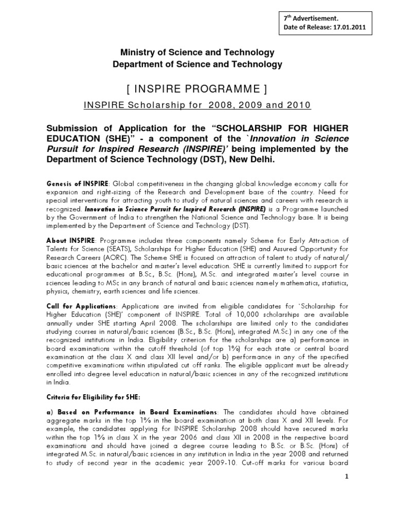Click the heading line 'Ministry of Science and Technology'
197,52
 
